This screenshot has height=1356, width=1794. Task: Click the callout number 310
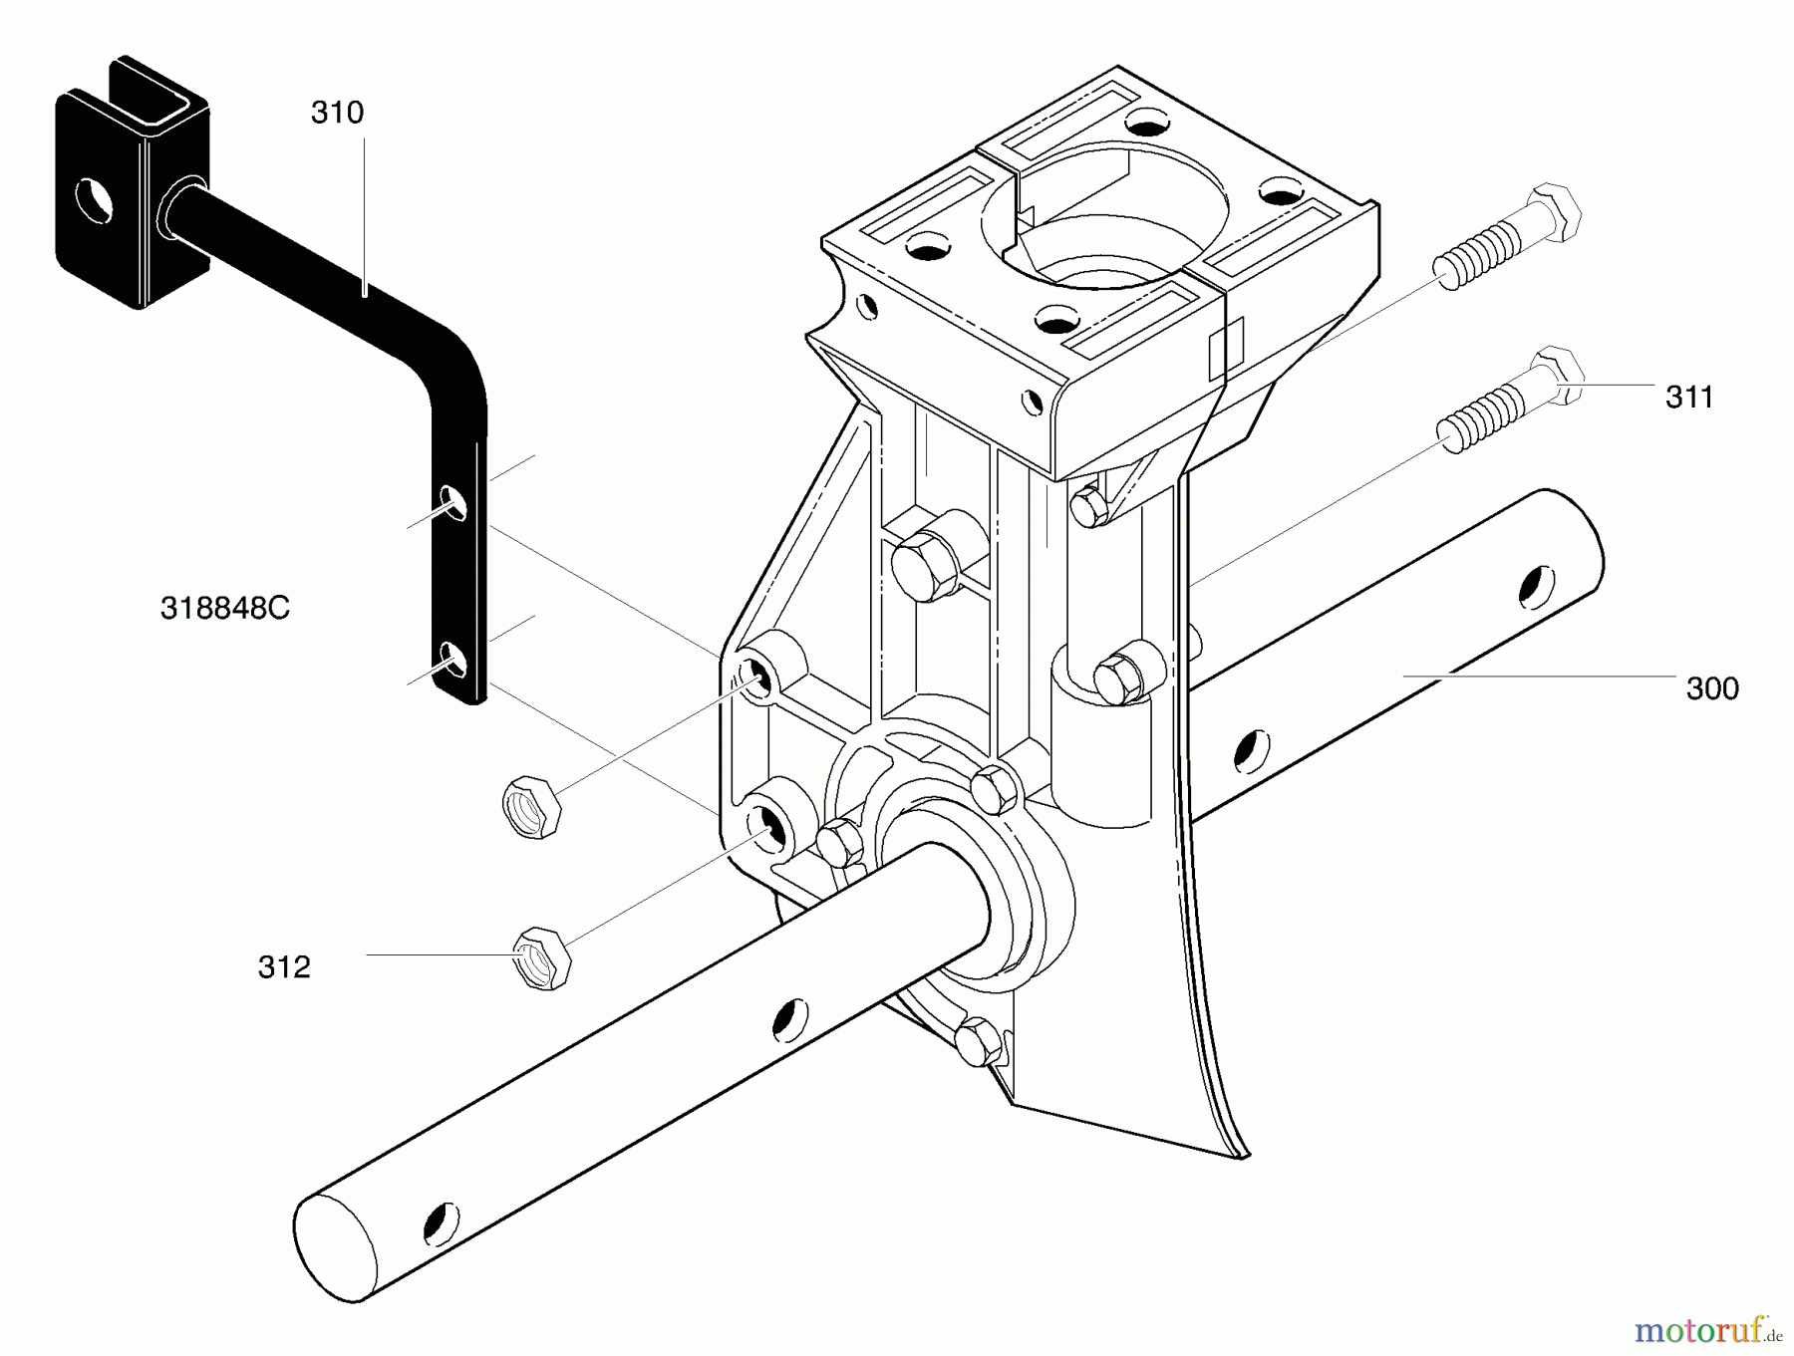tap(337, 113)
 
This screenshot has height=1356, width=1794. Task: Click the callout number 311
tap(1688, 397)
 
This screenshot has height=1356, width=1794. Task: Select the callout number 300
tap(1711, 688)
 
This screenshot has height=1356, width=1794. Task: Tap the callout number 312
tap(284, 966)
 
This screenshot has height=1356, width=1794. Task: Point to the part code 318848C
tap(225, 608)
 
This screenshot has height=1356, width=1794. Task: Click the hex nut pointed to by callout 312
tap(542, 956)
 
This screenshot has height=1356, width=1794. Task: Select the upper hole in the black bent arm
tap(453, 502)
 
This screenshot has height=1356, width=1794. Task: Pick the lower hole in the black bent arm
tap(453, 660)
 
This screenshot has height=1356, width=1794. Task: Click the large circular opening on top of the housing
tap(1101, 213)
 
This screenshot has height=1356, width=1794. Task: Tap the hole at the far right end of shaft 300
tap(1536, 586)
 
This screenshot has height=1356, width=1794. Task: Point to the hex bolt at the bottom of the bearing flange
tap(978, 1040)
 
